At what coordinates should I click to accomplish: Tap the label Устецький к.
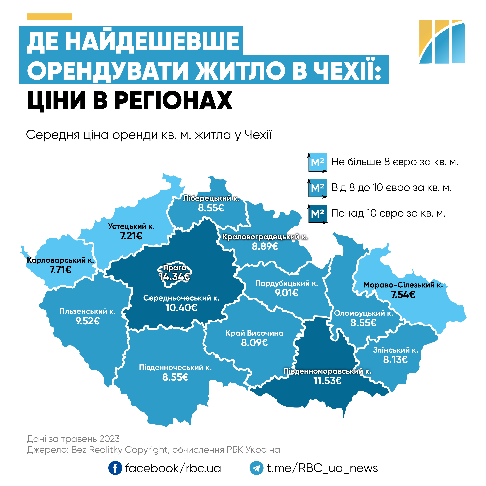coord(131,226)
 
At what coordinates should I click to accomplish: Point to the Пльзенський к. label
coord(88,311)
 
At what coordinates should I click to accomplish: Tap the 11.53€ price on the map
coord(328,381)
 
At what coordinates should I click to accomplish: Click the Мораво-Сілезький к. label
coord(403,285)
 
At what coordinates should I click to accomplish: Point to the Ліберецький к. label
coord(211,198)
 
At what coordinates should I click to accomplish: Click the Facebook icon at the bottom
coord(115,468)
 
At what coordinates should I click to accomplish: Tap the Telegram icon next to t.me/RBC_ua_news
coord(256,468)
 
